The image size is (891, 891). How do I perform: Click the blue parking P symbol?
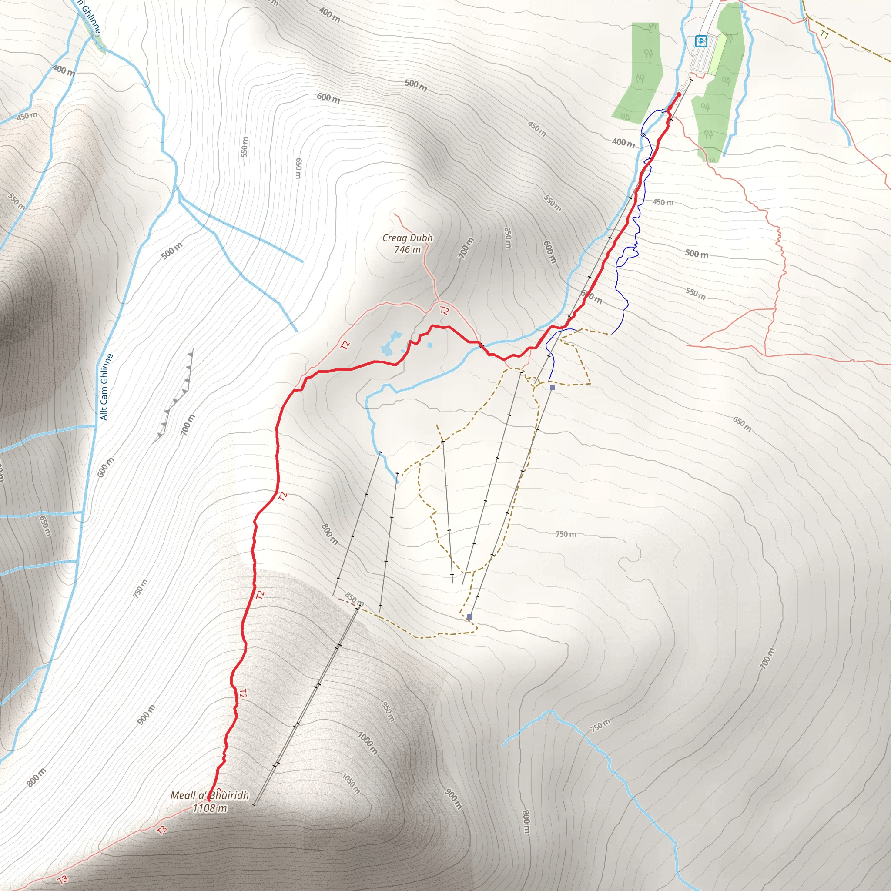click(700, 41)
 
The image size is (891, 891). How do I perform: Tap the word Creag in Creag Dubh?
click(395, 238)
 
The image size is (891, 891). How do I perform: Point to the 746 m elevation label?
click(407, 249)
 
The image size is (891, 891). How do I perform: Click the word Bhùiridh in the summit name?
click(229, 795)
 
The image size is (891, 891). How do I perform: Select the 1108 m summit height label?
click(210, 807)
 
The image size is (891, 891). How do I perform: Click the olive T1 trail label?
click(824, 35)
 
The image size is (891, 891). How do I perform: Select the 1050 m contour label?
click(351, 783)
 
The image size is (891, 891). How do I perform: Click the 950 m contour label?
click(389, 712)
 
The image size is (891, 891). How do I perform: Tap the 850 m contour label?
click(354, 599)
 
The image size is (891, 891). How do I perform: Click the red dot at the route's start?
click(678, 94)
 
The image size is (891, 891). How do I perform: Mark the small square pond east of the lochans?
click(430, 345)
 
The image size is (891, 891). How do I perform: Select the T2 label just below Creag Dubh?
click(444, 310)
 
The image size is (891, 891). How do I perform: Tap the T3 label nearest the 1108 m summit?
click(162, 831)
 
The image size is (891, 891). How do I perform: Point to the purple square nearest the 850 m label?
click(469, 616)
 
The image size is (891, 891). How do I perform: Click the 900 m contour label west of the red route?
click(146, 714)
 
